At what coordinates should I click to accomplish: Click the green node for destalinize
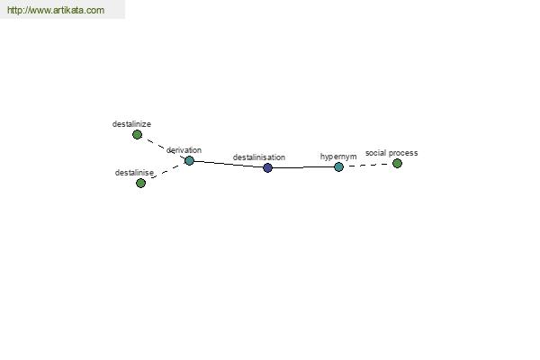[137, 135]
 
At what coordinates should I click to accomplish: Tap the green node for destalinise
[140, 183]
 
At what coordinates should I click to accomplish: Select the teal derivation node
[189, 160]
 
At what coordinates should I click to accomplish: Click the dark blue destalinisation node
[267, 167]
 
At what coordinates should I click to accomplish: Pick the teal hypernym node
[339, 167]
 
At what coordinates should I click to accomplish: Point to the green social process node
[397, 163]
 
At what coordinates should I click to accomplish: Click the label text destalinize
[131, 124]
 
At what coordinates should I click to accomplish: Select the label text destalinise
[134, 173]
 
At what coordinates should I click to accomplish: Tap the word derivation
[184, 150]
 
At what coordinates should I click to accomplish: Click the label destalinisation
[259, 157]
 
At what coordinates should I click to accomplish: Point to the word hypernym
[338, 157]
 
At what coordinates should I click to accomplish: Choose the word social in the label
[375, 153]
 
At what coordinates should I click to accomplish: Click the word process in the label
[403, 153]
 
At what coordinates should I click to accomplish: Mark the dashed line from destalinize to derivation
[163, 148]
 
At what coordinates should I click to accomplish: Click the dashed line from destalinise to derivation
[165, 172]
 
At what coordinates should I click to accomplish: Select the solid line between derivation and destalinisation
[229, 165]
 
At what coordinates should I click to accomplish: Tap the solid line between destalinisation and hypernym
[303, 167]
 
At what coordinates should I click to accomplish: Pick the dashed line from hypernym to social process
[368, 166]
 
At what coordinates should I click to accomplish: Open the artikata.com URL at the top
[56, 10]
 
